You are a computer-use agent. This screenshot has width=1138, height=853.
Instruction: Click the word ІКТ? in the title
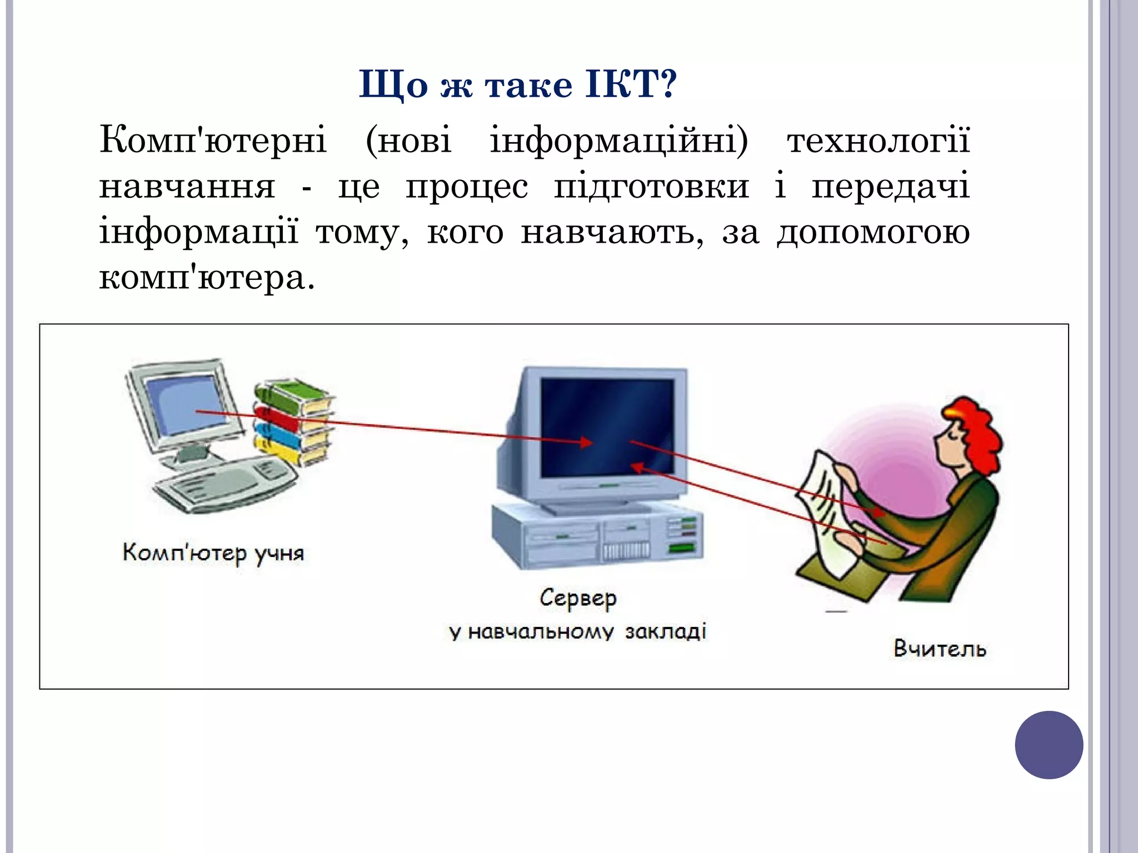631,85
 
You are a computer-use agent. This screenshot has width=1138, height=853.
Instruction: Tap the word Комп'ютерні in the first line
213,139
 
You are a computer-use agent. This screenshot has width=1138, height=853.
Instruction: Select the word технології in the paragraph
878,139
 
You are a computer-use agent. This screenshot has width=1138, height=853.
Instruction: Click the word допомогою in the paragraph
873,232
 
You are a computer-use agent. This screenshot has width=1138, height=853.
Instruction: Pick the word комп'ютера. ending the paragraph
206,277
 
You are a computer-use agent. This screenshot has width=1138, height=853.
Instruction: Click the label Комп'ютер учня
213,553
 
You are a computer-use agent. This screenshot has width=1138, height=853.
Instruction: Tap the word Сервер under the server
578,598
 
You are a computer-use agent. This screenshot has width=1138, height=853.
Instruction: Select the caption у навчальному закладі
578,632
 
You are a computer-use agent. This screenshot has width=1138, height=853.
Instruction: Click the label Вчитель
940,649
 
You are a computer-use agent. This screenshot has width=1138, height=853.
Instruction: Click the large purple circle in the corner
1049,745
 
